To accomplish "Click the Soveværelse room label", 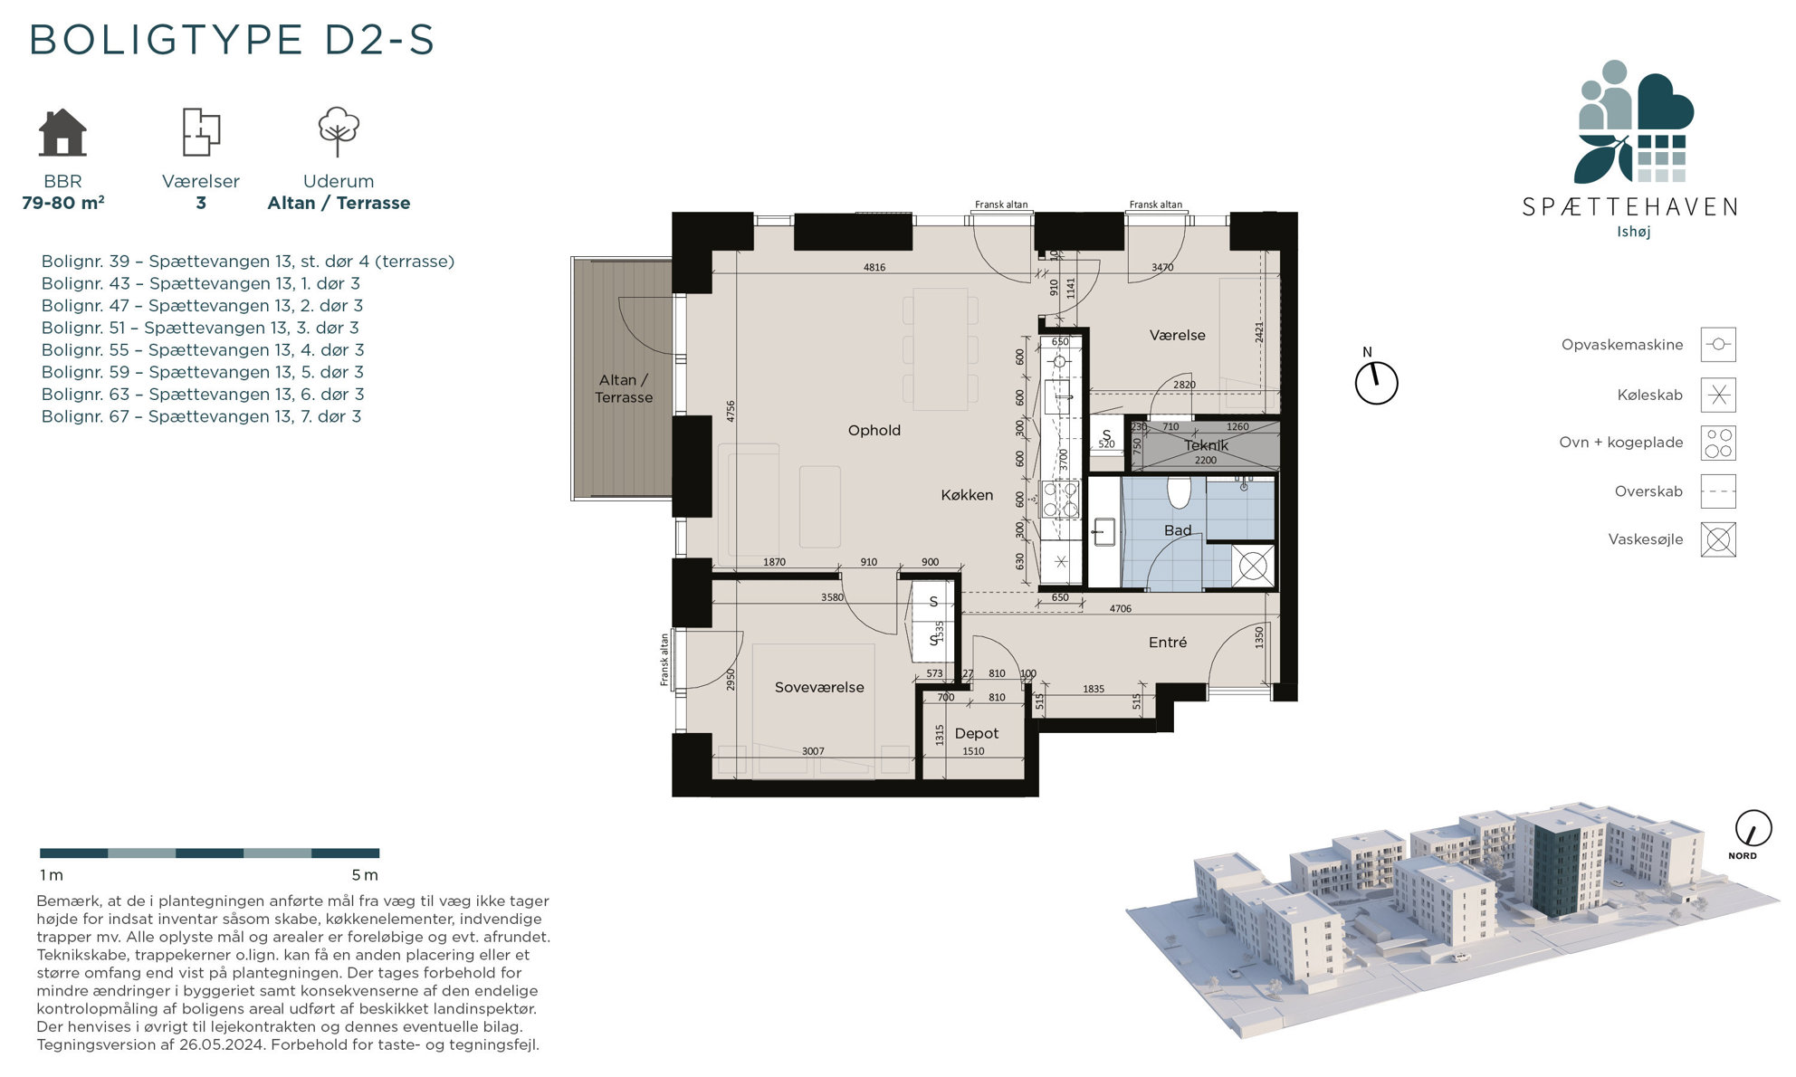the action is point(819,687).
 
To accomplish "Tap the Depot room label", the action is point(977,733).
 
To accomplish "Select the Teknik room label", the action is point(1206,445).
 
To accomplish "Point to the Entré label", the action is point(1168,642).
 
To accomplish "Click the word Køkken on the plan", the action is point(967,495).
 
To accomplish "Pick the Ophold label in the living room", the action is point(874,430).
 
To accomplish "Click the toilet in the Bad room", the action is point(1179,491).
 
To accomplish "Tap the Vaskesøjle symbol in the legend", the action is point(1718,539).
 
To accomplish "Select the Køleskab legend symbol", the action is point(1718,395).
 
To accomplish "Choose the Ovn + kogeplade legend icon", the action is point(1718,443).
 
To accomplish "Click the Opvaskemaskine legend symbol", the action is point(1718,345).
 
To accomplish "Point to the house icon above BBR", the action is point(62,132).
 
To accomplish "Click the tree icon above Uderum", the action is point(339,132).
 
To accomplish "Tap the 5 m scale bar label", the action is point(365,875).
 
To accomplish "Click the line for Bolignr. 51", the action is point(200,328).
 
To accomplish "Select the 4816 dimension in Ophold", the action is point(874,267).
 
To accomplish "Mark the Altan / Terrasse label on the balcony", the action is point(624,388).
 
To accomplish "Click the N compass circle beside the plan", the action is point(1376,384).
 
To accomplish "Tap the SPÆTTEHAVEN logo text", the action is point(1629,207).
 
